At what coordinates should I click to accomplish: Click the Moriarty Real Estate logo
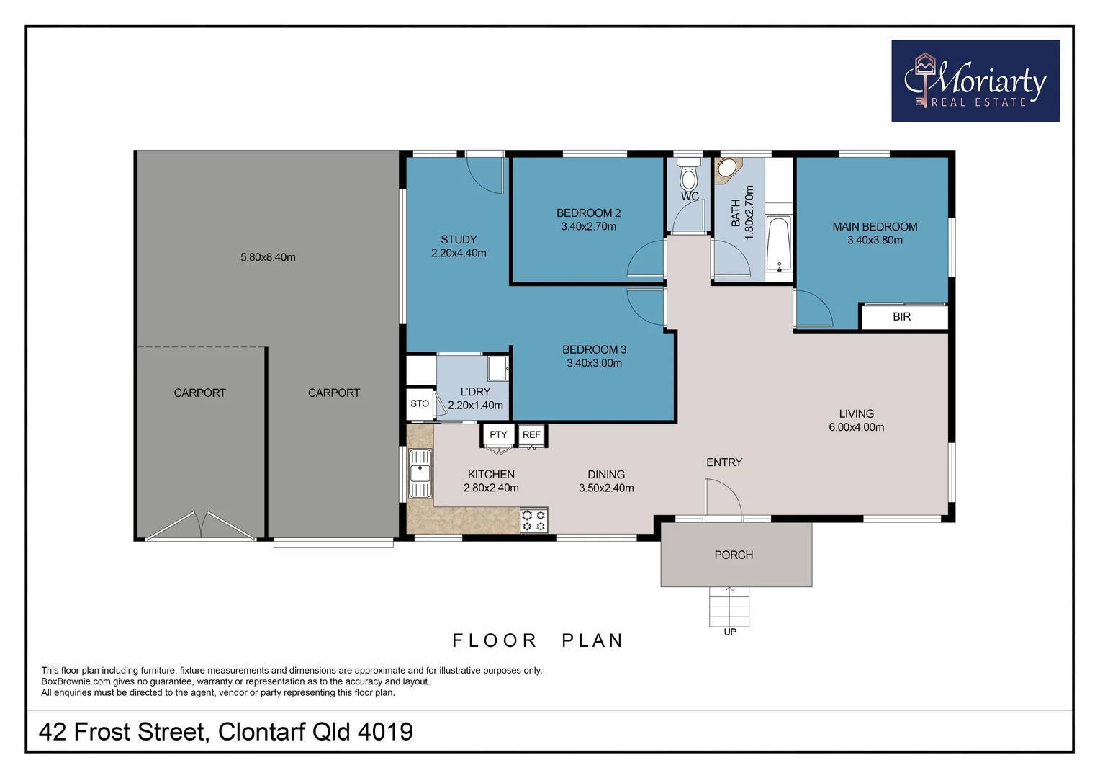point(975,81)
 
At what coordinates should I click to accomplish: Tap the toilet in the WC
point(689,175)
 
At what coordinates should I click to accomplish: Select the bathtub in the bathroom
point(777,243)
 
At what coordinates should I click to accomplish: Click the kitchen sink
point(420,473)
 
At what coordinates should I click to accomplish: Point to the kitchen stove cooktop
point(533,520)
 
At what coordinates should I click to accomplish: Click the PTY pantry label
point(498,434)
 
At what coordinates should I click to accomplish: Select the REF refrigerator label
point(531,434)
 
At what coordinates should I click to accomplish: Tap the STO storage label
point(420,403)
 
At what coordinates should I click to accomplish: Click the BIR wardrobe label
point(901,317)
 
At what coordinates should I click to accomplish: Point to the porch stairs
point(729,607)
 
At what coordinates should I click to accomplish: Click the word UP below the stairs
point(730,632)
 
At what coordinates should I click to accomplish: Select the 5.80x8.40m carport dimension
point(268,257)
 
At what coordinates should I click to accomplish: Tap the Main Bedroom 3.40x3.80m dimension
point(875,240)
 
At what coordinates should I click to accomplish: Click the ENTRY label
point(723,462)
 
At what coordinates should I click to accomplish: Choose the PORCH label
point(734,555)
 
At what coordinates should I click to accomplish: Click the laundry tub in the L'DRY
point(497,368)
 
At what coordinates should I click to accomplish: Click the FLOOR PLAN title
point(537,640)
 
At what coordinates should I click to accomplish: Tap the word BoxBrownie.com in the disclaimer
point(76,681)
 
